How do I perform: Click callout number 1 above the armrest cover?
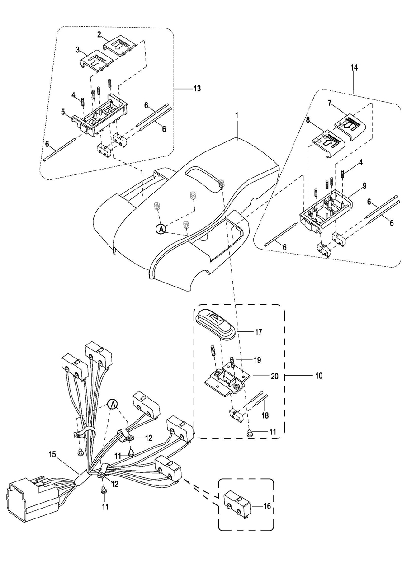[x=237, y=116]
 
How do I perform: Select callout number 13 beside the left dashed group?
[x=197, y=89]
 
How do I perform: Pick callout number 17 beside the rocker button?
[x=259, y=332]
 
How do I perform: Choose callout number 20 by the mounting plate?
[x=274, y=376]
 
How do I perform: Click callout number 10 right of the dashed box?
[x=318, y=376]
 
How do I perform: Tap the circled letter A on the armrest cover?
[x=161, y=229]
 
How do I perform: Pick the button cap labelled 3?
[x=97, y=61]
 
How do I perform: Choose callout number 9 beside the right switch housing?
[x=364, y=186]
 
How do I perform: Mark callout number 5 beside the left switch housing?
[x=63, y=112]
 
